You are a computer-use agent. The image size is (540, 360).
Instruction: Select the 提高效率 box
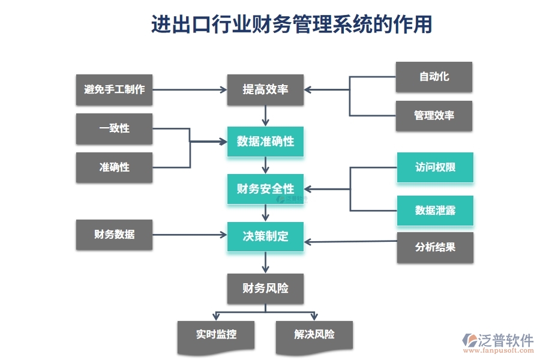265,90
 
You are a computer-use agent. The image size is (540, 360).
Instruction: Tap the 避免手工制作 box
114,90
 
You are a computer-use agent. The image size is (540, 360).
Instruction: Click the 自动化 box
434,77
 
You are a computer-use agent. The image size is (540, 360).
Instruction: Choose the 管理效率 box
434,116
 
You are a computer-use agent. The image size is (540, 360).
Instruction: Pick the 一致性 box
114,128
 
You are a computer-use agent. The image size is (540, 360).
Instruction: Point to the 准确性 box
114,167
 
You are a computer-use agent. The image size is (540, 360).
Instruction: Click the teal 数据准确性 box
265,142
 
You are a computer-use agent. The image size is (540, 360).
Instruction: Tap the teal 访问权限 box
435,167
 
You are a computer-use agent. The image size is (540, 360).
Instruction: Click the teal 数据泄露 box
435,211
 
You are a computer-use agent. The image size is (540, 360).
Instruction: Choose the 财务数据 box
114,235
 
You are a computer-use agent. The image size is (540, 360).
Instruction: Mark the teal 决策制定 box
265,236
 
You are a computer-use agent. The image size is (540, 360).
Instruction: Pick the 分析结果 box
435,247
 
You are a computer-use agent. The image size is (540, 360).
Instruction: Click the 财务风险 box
265,289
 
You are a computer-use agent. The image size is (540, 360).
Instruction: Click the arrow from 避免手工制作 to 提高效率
189,90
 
